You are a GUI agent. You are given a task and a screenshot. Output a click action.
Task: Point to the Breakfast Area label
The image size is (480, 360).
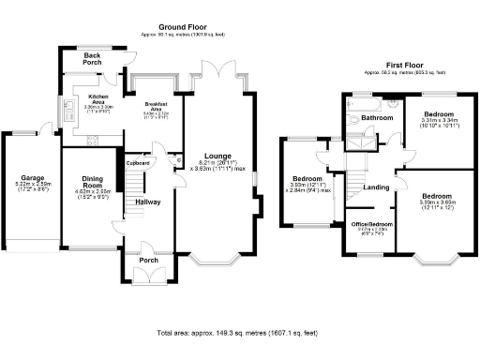pyautogui.click(x=151, y=105)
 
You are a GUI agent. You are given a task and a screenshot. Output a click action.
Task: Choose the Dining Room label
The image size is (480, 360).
pyautogui.click(x=92, y=182)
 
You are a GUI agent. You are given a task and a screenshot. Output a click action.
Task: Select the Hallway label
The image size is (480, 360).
pyautogui.click(x=148, y=202)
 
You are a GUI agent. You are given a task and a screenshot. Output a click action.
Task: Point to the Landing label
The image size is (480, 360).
pyautogui.click(x=376, y=187)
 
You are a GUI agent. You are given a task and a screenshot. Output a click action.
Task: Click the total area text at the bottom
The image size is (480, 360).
pyautogui.click(x=238, y=333)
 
